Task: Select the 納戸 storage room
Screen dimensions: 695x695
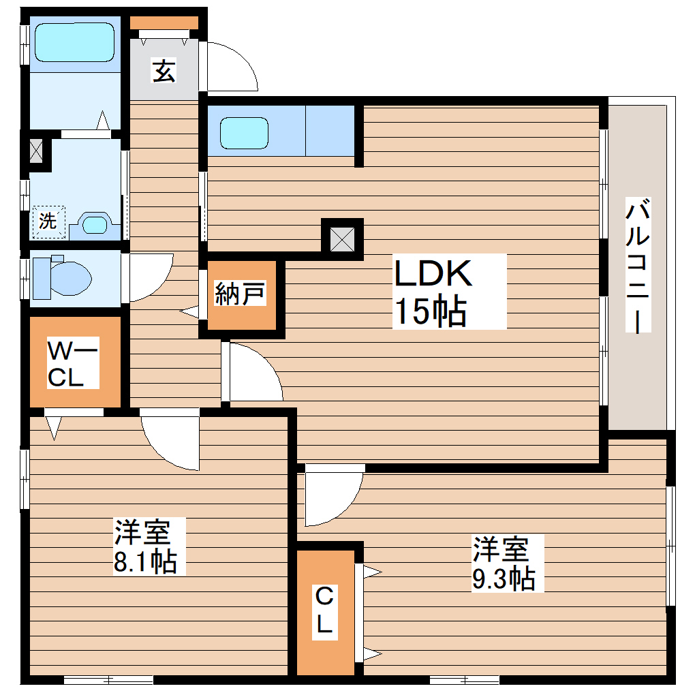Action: click(x=241, y=294)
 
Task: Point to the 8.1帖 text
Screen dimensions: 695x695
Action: click(x=146, y=561)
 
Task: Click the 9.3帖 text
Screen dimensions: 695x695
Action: click(x=504, y=578)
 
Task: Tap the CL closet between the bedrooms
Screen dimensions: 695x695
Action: click(x=325, y=611)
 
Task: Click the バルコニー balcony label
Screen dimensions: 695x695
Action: click(x=638, y=266)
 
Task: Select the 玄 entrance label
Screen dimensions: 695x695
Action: click(x=164, y=70)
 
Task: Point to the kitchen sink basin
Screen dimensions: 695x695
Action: click(x=245, y=134)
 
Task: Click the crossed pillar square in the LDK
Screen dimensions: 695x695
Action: click(x=342, y=238)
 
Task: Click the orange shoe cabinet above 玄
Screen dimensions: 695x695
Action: click(x=164, y=22)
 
